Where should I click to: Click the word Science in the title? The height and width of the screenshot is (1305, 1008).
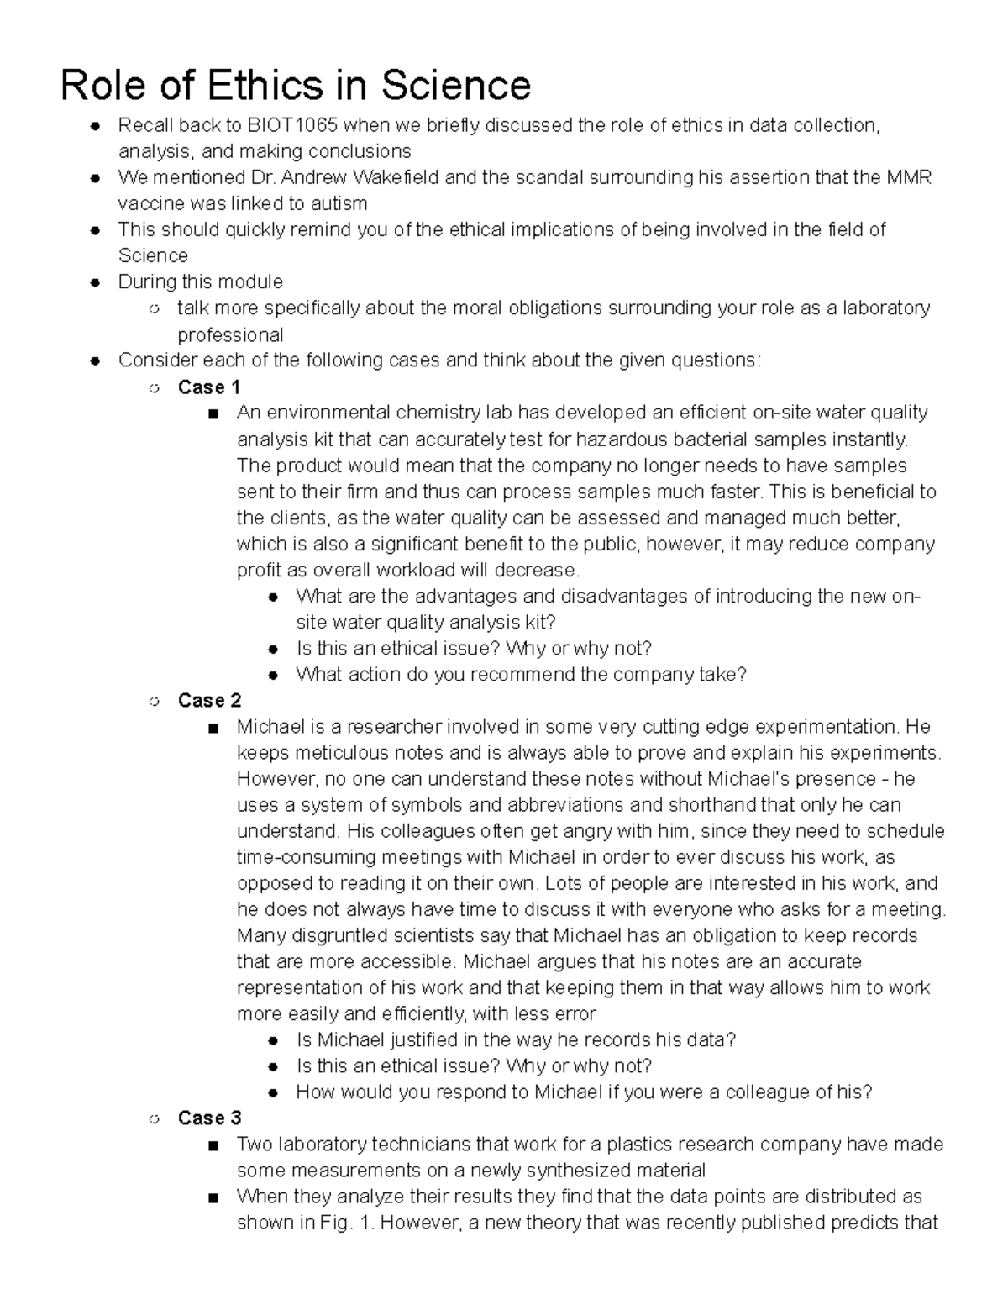[x=456, y=85]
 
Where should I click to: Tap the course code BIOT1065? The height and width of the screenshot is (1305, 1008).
[x=292, y=126]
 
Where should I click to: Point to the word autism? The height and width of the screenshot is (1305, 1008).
[x=337, y=204]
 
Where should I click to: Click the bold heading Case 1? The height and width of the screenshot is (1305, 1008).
[x=209, y=387]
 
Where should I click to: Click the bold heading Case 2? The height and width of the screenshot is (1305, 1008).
[x=209, y=701]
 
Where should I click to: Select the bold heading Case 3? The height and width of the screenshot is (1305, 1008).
[x=209, y=1118]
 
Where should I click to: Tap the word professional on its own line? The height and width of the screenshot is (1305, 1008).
[x=230, y=335]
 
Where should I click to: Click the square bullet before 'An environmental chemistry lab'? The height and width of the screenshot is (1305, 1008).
[x=213, y=413]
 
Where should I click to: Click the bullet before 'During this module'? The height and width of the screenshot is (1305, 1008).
[x=97, y=282]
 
